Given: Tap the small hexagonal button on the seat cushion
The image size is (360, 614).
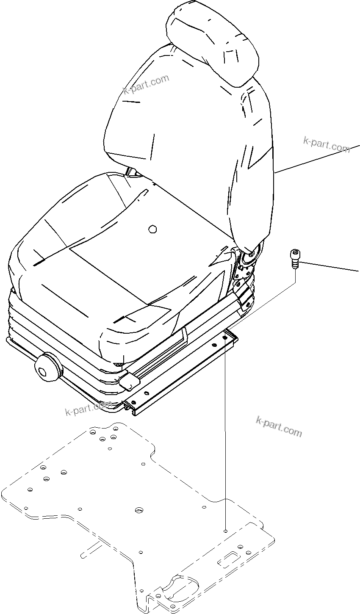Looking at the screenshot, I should coord(152,229).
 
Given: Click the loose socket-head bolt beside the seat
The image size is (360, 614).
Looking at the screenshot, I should coord(294,258).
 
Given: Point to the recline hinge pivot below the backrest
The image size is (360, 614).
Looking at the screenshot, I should coord(250,254).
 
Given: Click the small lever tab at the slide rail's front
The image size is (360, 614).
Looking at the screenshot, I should coord(130,381).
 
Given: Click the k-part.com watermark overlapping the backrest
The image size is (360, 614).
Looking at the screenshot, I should coord(146,85).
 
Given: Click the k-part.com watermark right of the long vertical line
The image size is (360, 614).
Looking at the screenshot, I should coord(279,426).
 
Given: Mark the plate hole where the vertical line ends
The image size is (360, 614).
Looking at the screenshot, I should coord(226,531).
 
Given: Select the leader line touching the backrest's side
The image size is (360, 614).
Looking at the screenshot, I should coord(318,159).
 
